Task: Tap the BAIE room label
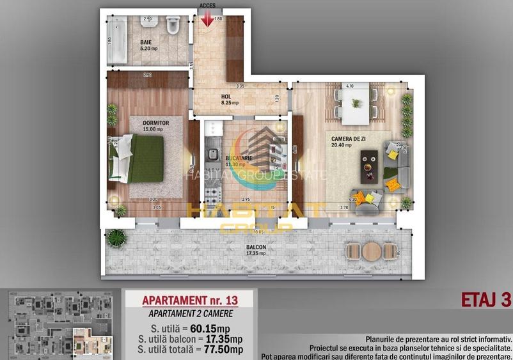tap(146, 43)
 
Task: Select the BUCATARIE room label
tap(239, 157)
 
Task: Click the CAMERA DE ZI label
tap(349, 139)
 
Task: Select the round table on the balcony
tap(371, 251)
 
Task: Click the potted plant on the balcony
tap(115, 239)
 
